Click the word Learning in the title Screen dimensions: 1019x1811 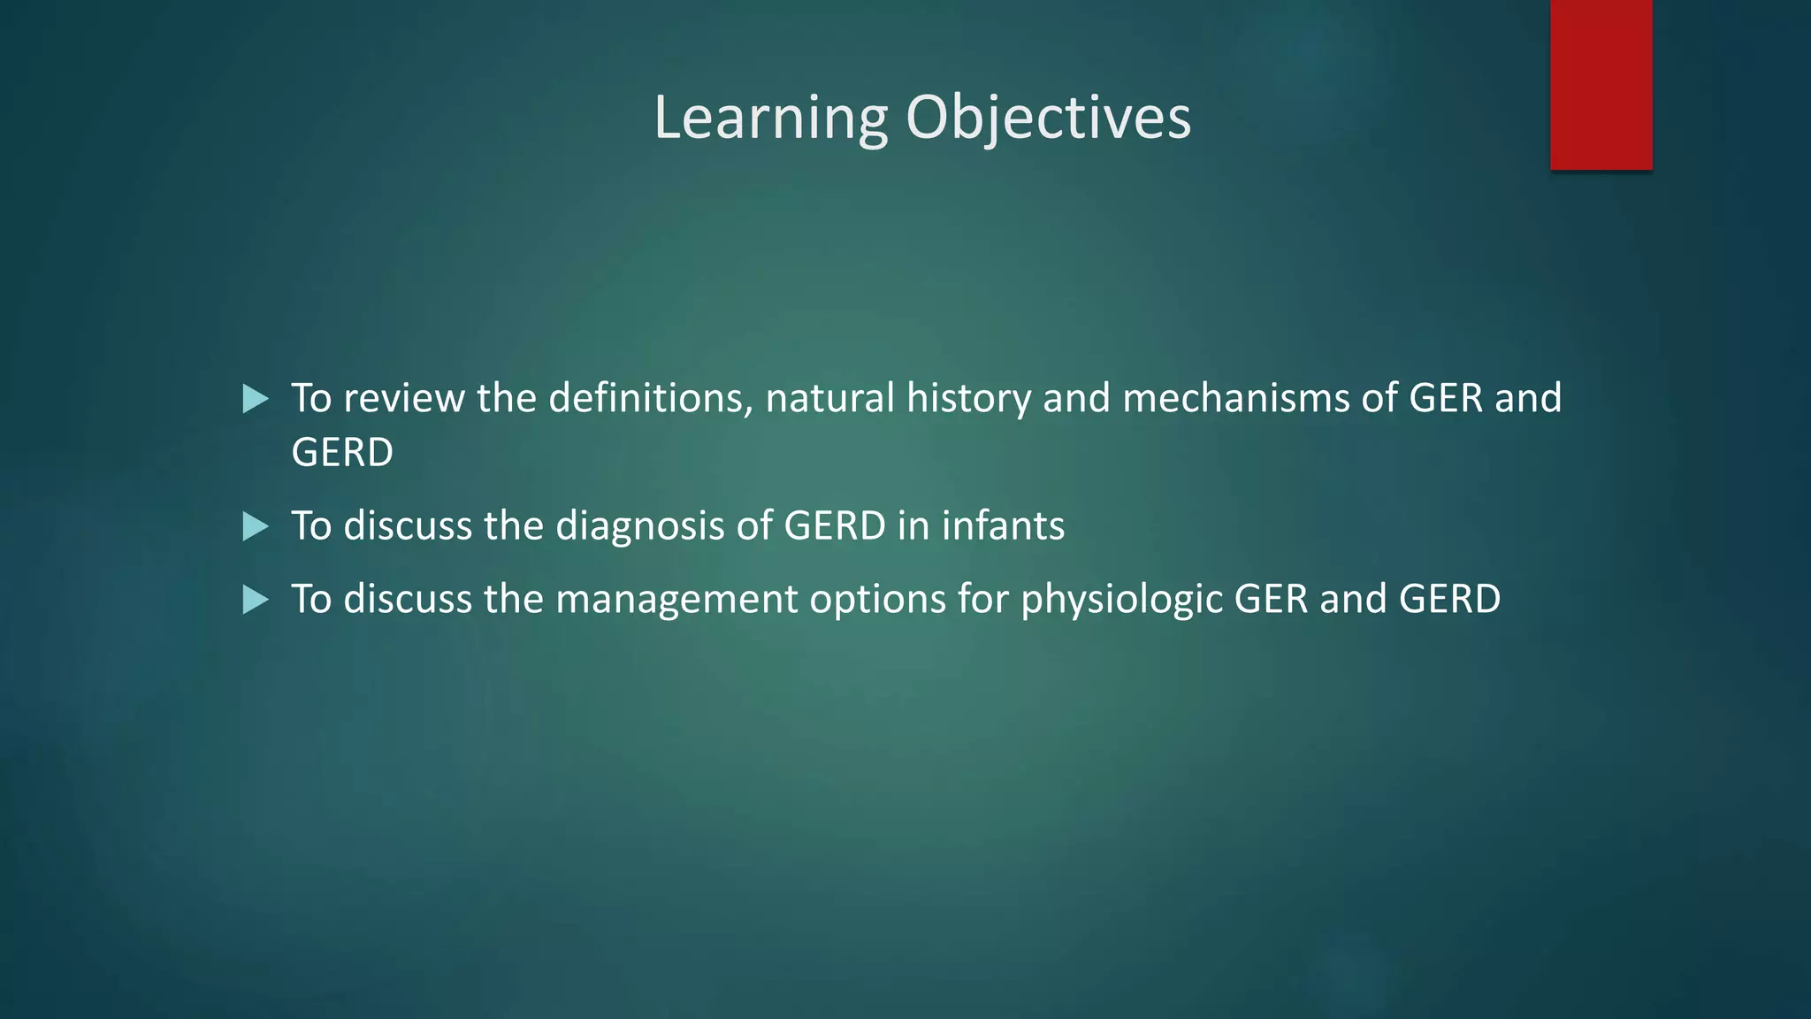point(770,118)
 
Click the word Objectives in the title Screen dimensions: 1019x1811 point(1048,118)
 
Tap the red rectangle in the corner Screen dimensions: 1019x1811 point(1601,84)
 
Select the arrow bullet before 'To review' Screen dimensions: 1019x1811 point(255,399)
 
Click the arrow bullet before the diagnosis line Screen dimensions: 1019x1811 point(255,527)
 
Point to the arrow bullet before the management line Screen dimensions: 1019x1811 point(255,601)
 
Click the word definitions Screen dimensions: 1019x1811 point(651,398)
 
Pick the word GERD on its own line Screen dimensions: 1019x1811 point(342,453)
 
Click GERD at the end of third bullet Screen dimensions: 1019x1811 point(1449,600)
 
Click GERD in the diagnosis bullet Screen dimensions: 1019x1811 point(835,526)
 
